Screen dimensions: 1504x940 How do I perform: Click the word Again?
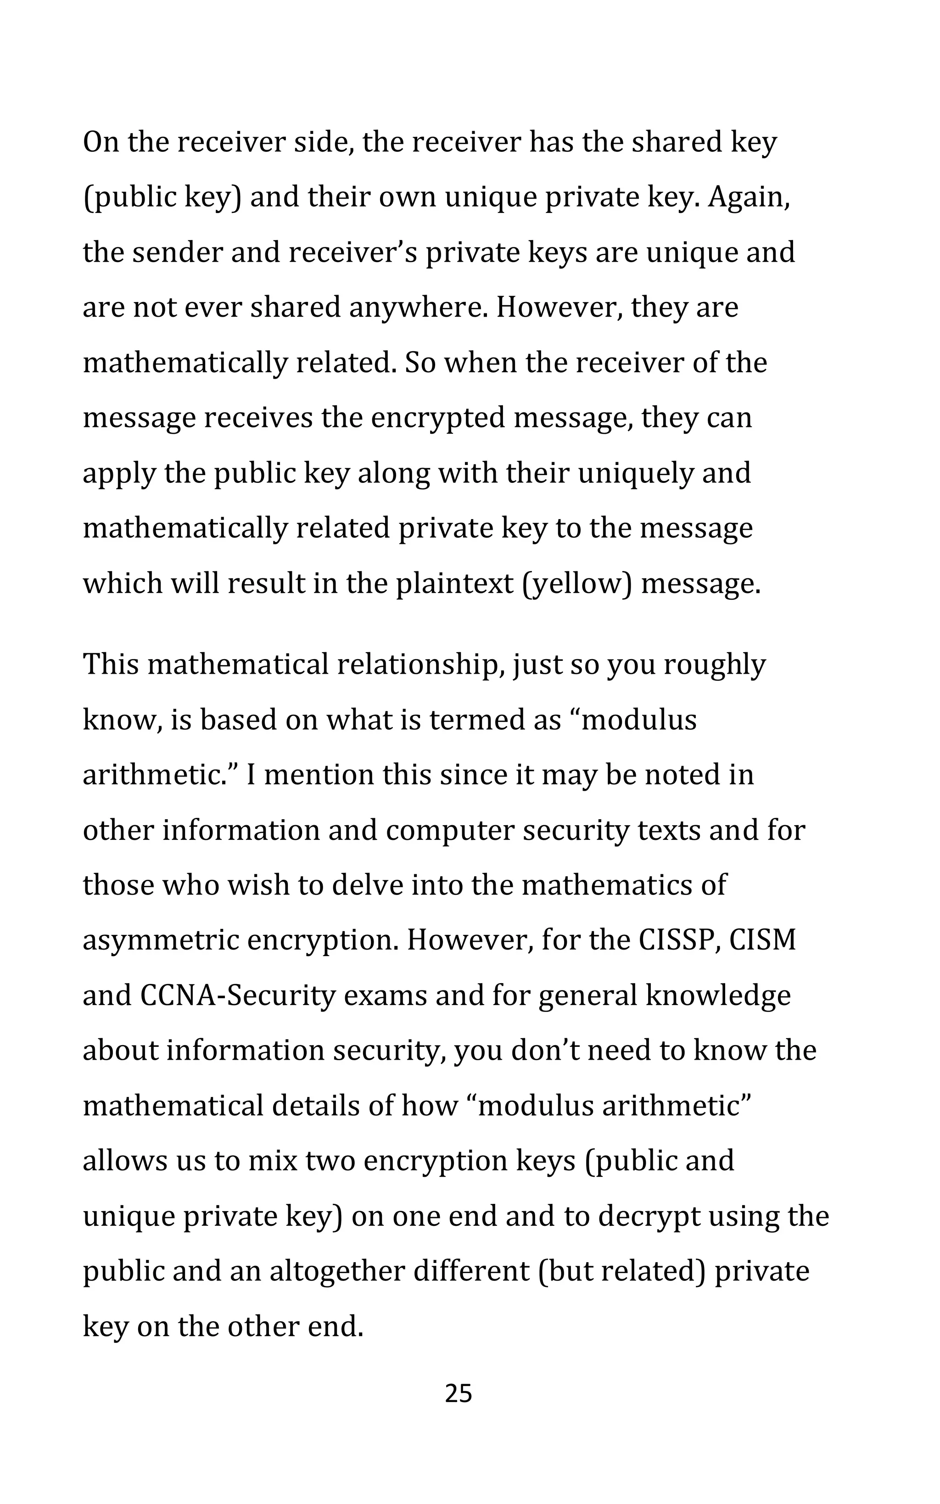point(749,198)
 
